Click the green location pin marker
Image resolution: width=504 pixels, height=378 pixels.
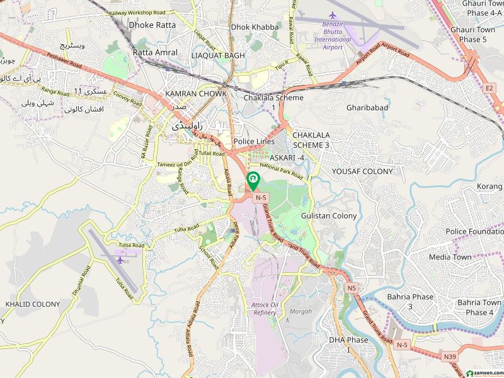tap(253, 181)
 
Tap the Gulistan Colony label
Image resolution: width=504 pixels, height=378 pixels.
tap(329, 215)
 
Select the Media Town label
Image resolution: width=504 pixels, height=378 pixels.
tap(450, 257)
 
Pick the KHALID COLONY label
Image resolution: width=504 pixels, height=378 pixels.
tap(33, 304)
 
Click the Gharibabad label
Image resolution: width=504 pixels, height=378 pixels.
tap(367, 108)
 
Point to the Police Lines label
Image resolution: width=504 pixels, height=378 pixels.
tap(253, 142)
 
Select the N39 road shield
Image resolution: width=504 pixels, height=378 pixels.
tap(450, 357)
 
